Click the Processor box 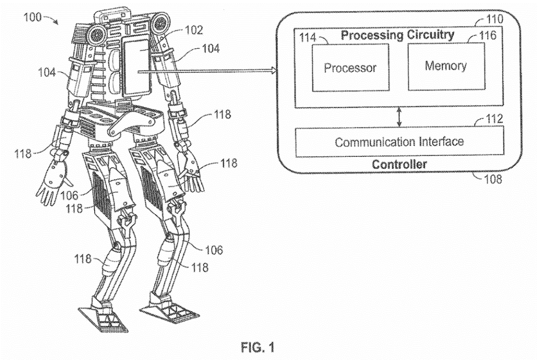(x=350, y=67)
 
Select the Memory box (x=445, y=66)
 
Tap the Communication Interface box (x=399, y=141)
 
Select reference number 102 (x=193, y=30)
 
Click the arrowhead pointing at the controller (x=272, y=72)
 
